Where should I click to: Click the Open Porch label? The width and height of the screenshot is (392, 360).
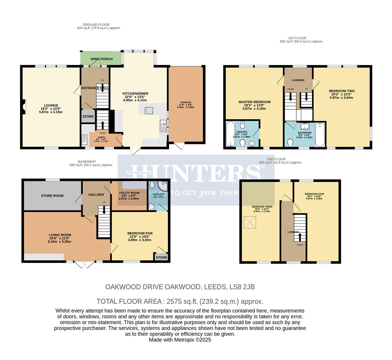101,59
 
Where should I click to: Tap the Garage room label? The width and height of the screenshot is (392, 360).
186,103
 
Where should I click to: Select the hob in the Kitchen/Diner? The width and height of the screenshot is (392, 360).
149,111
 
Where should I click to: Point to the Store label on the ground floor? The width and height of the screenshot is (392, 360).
88,117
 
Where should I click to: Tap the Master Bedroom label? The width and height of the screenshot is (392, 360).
254,102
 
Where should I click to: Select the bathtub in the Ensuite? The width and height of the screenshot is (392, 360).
231,134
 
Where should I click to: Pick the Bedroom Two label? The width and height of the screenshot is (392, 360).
341,91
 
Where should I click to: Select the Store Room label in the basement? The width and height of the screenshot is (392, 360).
52,196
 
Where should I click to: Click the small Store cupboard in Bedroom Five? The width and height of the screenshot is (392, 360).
161,257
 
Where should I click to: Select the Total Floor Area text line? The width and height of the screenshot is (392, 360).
180,301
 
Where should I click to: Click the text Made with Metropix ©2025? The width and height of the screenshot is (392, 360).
180,340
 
